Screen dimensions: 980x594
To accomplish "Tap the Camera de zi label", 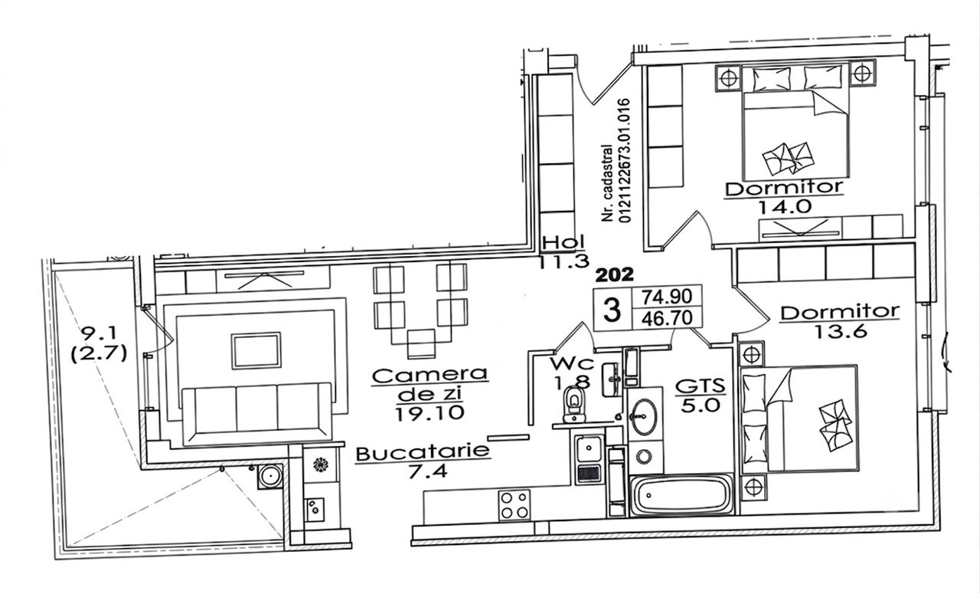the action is pyautogui.click(x=430, y=385).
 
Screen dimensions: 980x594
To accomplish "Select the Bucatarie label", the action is pyautogui.click(x=422, y=453).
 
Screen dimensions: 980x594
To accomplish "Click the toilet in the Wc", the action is pyautogui.click(x=574, y=402).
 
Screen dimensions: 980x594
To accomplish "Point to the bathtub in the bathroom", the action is pyautogui.click(x=681, y=495).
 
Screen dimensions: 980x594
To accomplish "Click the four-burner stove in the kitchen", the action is pyautogui.click(x=514, y=505).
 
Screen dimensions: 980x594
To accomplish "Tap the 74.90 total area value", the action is pyautogui.click(x=667, y=297).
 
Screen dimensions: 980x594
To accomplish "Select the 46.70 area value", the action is pyautogui.click(x=667, y=317).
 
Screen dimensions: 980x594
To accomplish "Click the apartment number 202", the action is pyautogui.click(x=615, y=275).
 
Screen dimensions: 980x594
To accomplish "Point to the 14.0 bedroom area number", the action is pyautogui.click(x=785, y=206).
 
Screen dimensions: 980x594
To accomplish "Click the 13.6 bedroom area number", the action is pyautogui.click(x=840, y=332).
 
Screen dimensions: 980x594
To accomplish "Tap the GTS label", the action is pyautogui.click(x=701, y=386).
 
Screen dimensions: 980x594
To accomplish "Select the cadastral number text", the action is pyautogui.click(x=617, y=160).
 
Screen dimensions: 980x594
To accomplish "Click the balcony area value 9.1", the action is pyautogui.click(x=99, y=333).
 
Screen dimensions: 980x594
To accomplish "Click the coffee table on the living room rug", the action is pyautogui.click(x=256, y=350).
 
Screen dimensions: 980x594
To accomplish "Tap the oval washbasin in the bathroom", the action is pyautogui.click(x=645, y=416).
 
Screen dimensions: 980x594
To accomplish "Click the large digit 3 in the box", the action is pyautogui.click(x=612, y=310).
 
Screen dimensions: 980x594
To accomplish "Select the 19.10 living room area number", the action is pyautogui.click(x=430, y=413).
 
